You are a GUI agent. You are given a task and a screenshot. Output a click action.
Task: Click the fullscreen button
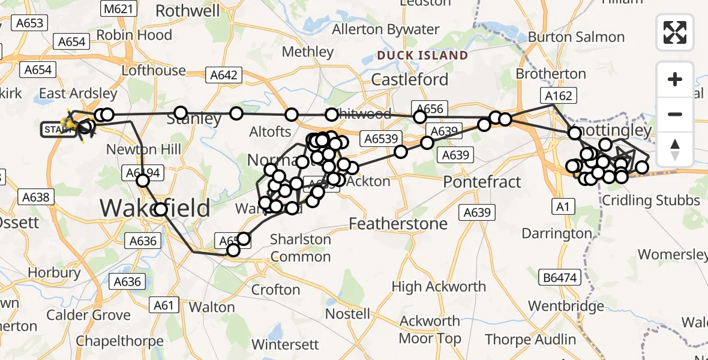[675, 32]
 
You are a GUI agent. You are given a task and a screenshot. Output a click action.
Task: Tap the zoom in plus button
[675, 79]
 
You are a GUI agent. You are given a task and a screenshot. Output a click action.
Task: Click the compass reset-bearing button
[675, 149]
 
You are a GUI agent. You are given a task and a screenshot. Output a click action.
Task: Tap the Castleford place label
[410, 80]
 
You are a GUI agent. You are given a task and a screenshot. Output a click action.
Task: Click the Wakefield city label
[155, 209]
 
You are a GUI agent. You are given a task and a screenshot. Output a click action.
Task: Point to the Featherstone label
[398, 224]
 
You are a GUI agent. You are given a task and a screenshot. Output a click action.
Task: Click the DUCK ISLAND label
[422, 56]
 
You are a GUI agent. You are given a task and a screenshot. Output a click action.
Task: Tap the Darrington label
[557, 233]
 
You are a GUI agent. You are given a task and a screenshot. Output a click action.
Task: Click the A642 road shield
[224, 75]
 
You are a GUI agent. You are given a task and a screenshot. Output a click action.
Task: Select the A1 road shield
[562, 207]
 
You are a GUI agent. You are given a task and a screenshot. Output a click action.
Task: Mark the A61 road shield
[163, 305]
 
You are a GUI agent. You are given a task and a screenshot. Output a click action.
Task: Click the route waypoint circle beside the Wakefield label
[161, 209]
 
